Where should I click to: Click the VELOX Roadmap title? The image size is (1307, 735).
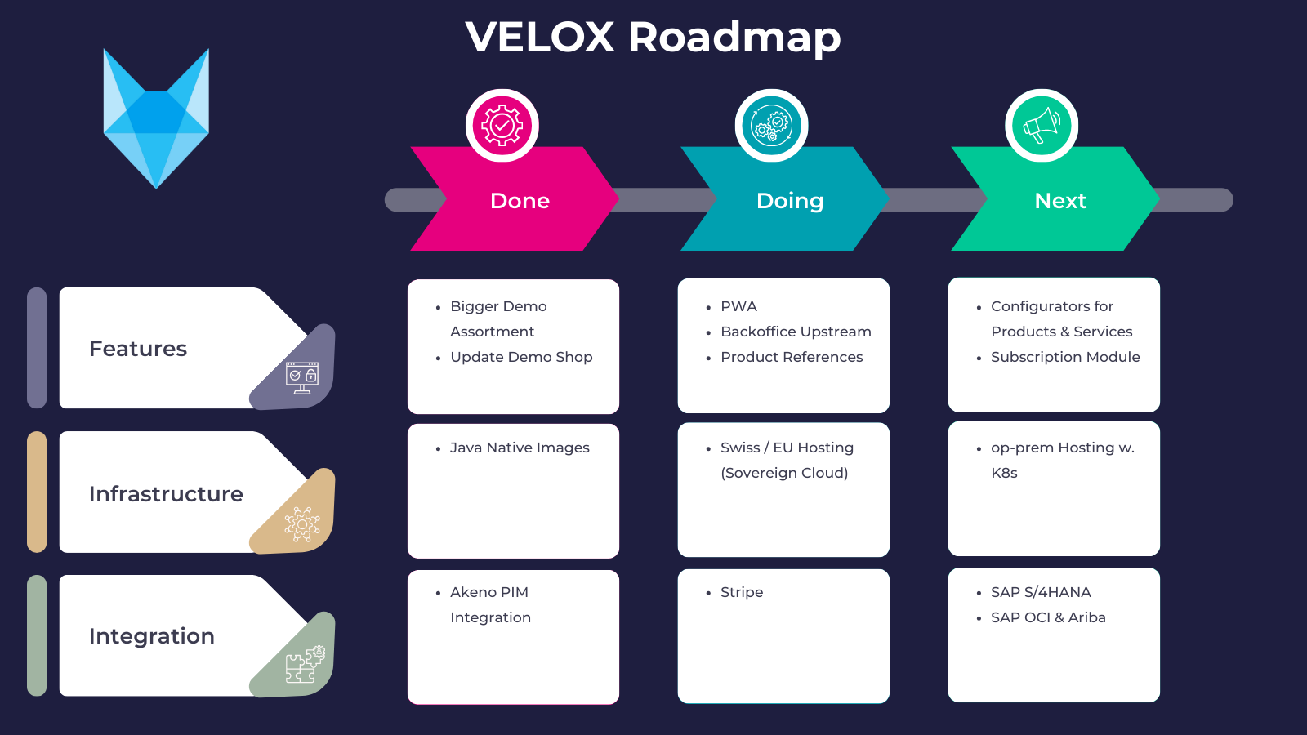[x=653, y=38]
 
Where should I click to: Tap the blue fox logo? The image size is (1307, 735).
[x=156, y=118]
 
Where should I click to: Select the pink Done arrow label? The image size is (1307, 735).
[x=520, y=201]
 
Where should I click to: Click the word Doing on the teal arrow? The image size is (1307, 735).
[x=789, y=201]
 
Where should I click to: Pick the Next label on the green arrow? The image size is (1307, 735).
[x=1059, y=201]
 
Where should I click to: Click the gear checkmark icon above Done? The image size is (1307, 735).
[x=502, y=126]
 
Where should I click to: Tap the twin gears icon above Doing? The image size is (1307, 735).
[x=772, y=126]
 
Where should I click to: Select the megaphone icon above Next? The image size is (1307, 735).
[x=1042, y=126]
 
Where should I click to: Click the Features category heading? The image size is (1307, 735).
[x=138, y=349]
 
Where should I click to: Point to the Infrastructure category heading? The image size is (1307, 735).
[x=166, y=494]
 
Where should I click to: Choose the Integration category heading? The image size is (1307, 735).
[x=152, y=636]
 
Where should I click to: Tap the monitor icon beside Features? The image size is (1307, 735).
[x=302, y=377]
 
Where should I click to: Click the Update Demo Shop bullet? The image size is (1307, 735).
[x=521, y=357]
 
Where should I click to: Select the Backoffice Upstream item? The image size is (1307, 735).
[x=795, y=332]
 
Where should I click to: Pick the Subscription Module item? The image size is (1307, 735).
[x=1064, y=357]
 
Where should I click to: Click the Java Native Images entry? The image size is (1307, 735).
[x=520, y=448]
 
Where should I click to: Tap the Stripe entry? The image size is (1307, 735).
[x=741, y=592]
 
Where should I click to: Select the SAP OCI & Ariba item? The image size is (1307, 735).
[x=1047, y=617]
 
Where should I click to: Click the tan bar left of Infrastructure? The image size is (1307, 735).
[x=37, y=492]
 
